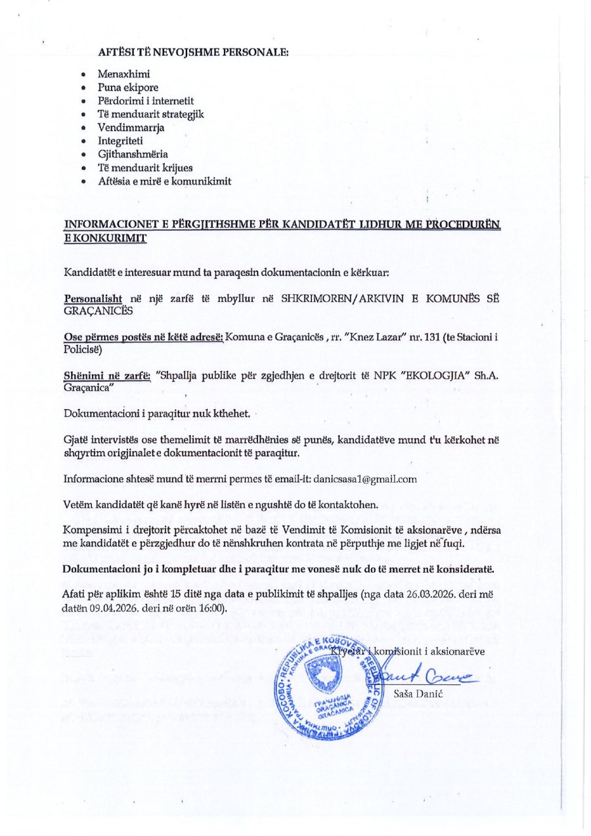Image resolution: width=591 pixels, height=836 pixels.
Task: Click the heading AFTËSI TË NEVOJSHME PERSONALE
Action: (x=193, y=51)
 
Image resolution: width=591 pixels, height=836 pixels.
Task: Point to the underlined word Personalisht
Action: (x=93, y=298)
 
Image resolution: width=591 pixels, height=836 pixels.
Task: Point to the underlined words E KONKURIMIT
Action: (x=105, y=238)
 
